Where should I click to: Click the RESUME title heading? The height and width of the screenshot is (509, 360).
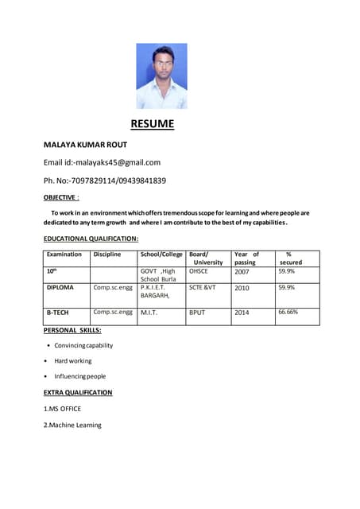[x=152, y=124]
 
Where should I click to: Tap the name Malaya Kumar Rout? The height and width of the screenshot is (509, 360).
[x=85, y=145]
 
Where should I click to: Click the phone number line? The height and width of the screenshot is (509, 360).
[x=104, y=181]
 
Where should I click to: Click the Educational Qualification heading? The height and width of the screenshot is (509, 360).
[x=91, y=239]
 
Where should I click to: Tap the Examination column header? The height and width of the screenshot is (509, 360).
[x=64, y=254]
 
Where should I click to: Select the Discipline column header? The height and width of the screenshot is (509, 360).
[x=107, y=254]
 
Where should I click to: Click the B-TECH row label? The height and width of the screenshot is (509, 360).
[x=57, y=313]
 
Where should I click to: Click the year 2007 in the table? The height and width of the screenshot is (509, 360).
[x=242, y=272]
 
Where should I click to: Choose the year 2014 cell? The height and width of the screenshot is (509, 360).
[x=242, y=313]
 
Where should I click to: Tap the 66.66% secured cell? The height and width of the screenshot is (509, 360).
[x=288, y=313]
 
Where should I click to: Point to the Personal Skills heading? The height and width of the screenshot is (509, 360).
[x=72, y=329]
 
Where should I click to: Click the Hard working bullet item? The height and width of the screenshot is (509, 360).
[x=73, y=361]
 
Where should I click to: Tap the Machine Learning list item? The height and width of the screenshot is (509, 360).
[x=72, y=425]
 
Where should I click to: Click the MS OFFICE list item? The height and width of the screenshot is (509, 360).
[x=62, y=409]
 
